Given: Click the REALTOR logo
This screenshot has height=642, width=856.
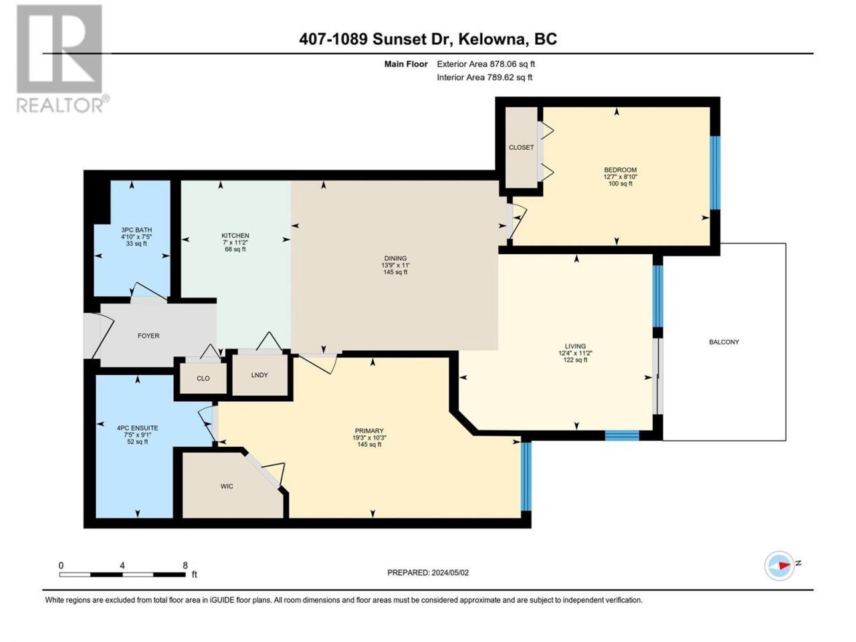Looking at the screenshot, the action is point(62,58).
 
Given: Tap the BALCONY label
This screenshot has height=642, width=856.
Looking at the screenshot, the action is point(724,342).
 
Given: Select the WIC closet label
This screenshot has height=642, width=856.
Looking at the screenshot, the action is point(227,486).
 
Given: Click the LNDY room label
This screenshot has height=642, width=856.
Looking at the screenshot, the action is point(259,375).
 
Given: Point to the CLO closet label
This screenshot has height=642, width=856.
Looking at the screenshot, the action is point(203,378).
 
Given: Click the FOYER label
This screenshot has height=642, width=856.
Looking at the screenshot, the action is point(148,336).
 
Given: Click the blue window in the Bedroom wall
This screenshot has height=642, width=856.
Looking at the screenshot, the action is point(714,173).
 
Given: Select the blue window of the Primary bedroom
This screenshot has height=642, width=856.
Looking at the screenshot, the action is point(526,476).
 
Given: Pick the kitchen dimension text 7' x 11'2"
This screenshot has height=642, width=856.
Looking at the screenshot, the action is point(235,243).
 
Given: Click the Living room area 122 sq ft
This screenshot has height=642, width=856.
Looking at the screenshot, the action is point(575,360).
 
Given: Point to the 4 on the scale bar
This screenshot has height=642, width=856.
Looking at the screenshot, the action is point(122,566).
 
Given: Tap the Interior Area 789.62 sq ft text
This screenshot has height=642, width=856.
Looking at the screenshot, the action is point(484,77).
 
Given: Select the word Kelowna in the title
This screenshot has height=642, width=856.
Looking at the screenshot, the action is point(492,39).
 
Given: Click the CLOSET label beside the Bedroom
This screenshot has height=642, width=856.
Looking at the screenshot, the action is point(521,147).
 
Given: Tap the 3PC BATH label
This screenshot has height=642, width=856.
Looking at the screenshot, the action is point(136,230).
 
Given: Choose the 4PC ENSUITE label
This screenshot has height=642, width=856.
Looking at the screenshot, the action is point(137,427).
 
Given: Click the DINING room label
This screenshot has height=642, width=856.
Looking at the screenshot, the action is point(395,258).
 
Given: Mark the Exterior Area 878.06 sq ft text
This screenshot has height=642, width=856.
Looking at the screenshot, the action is point(486,64).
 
